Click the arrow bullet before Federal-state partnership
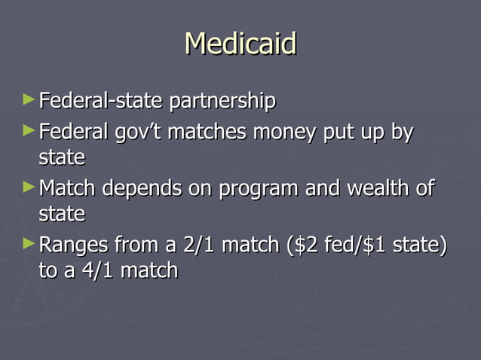29,99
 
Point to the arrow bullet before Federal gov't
29,130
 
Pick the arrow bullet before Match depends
29,186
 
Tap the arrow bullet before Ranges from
29,243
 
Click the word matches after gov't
207,133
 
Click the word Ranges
72,246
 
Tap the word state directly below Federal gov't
61,159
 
